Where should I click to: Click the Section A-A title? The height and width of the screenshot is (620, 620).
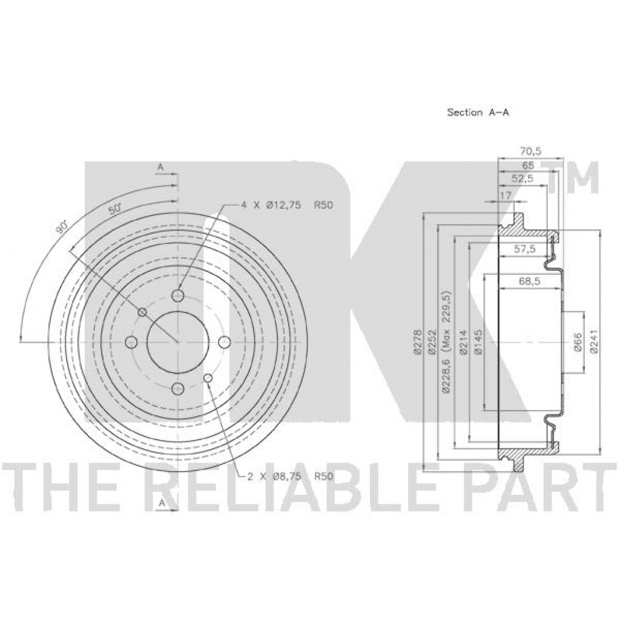(x=478, y=112)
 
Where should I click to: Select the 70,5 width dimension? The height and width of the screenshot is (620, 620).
(x=530, y=151)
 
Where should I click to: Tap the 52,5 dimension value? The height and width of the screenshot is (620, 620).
(x=523, y=179)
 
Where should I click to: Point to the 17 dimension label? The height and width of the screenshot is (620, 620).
(x=506, y=196)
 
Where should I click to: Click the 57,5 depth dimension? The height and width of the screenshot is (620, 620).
(x=524, y=249)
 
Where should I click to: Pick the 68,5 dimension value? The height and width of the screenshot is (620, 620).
(x=529, y=281)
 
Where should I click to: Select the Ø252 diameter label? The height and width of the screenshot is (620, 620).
(x=432, y=341)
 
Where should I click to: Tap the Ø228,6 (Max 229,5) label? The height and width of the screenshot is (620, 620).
(x=447, y=341)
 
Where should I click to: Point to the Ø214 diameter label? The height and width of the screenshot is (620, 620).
(x=463, y=341)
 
